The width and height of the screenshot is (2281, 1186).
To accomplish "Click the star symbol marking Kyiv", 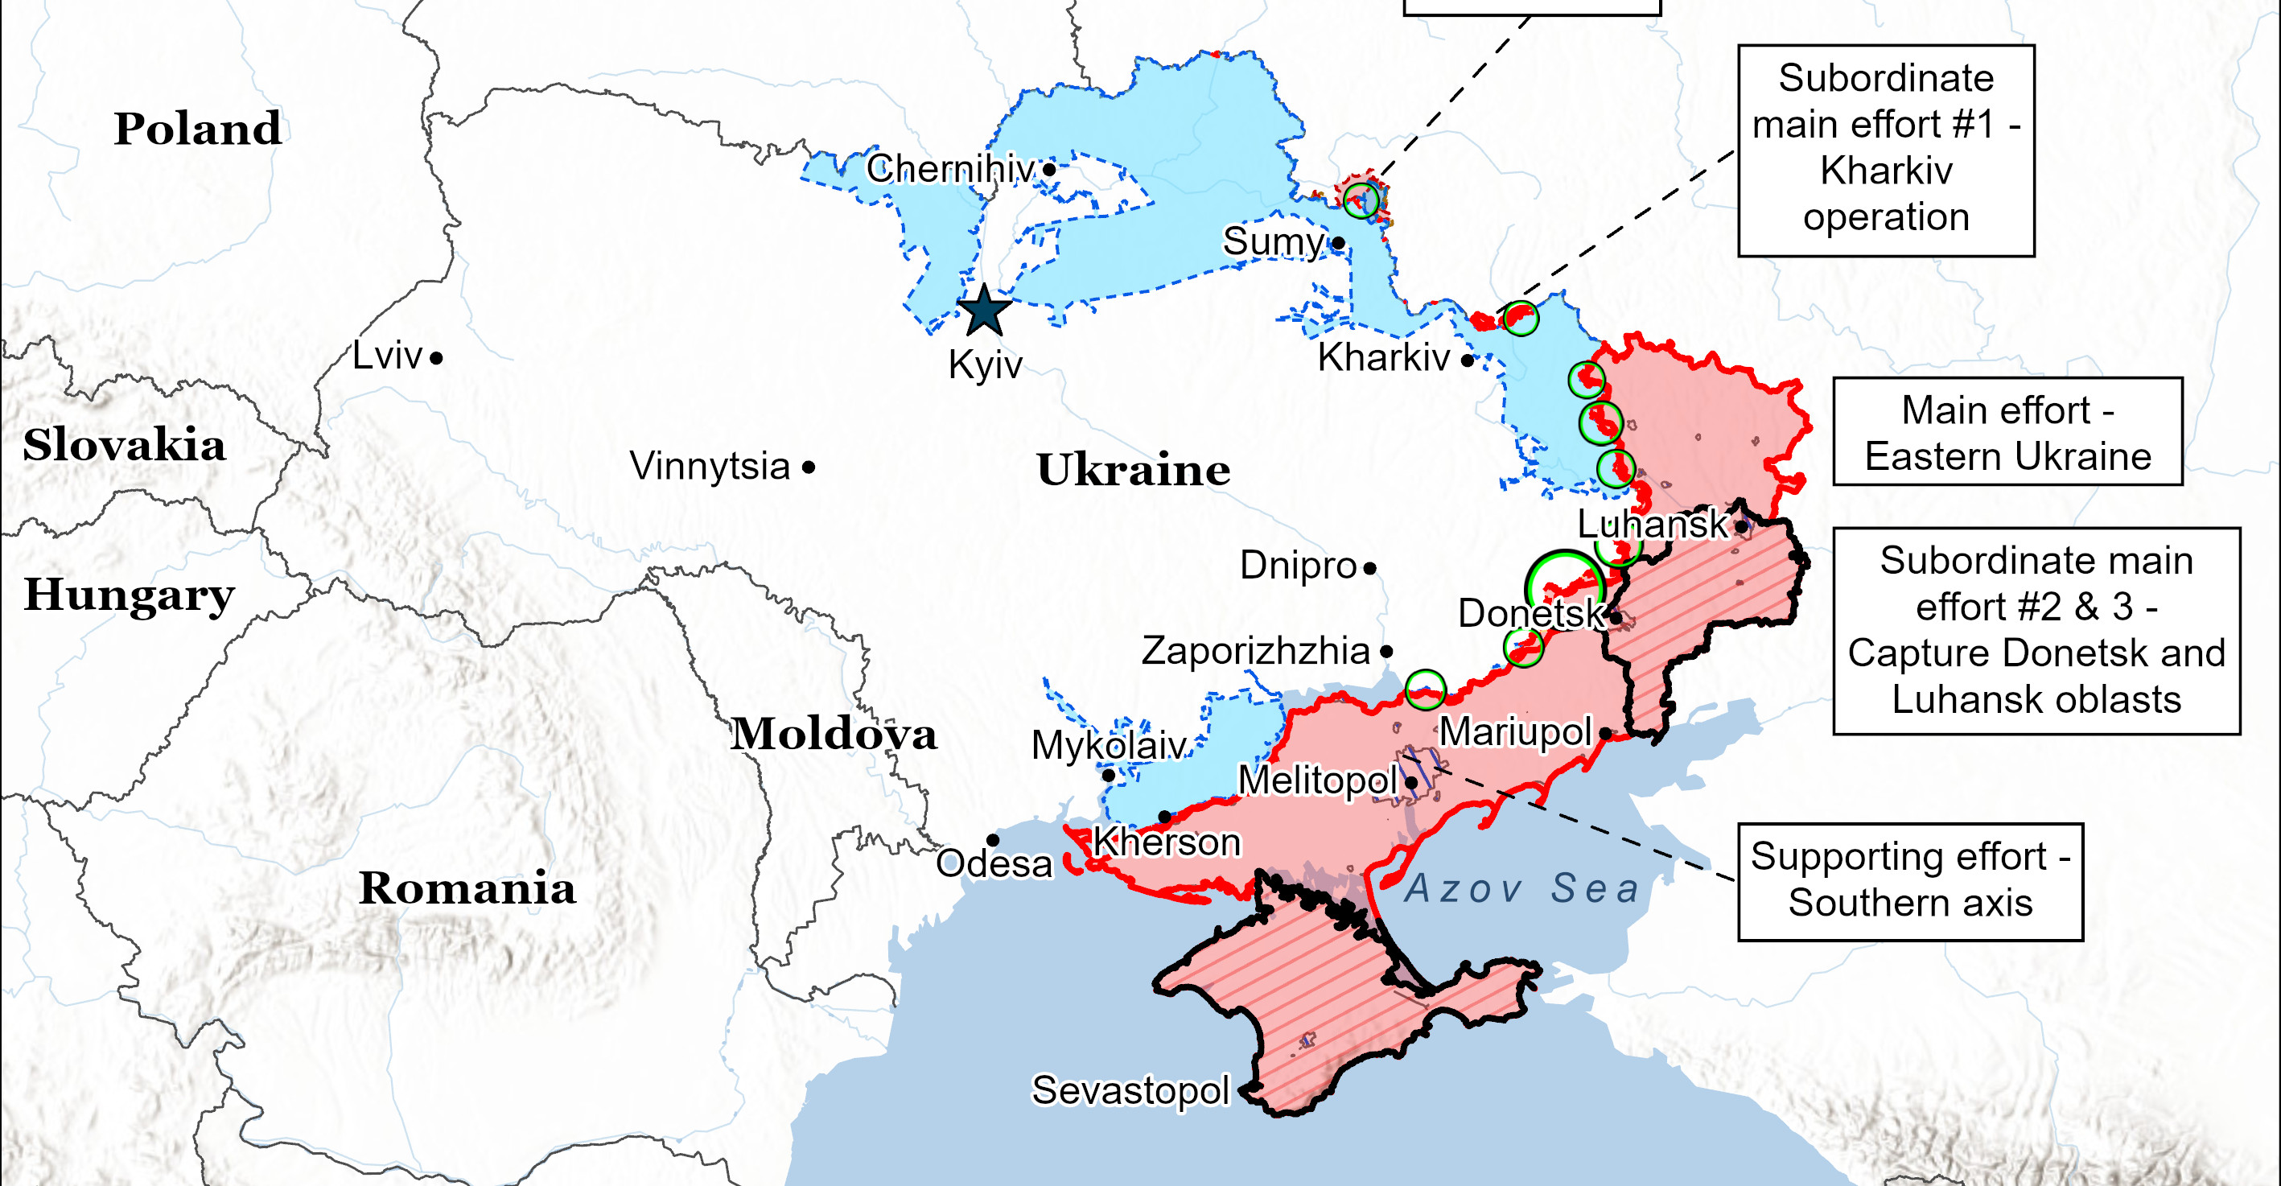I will (984, 311).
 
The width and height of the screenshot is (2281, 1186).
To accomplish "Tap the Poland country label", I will (197, 129).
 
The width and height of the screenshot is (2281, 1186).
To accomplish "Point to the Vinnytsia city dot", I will (809, 467).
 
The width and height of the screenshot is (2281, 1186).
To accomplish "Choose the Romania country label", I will (467, 887).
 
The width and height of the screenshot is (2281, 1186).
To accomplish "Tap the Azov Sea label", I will (1522, 888).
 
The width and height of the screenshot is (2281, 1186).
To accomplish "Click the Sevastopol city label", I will (1130, 1089).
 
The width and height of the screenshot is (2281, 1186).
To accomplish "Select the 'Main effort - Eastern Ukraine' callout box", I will (2007, 432).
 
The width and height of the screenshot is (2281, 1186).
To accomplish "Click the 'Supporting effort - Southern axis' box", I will (1910, 881).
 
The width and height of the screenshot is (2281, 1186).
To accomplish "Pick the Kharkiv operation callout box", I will (1885, 150).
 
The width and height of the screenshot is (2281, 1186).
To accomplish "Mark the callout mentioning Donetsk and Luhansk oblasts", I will (2036, 631).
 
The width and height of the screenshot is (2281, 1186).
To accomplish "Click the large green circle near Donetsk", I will (1565, 586).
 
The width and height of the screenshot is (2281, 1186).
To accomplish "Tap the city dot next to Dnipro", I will (1370, 569).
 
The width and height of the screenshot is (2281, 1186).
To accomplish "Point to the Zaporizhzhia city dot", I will (1386, 652).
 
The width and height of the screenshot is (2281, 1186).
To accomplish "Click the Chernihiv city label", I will (950, 168).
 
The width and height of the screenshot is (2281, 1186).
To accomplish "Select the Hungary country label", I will (130, 595).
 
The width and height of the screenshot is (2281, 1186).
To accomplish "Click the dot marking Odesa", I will (993, 840).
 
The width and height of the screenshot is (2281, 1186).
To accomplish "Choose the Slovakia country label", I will (124, 445).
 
